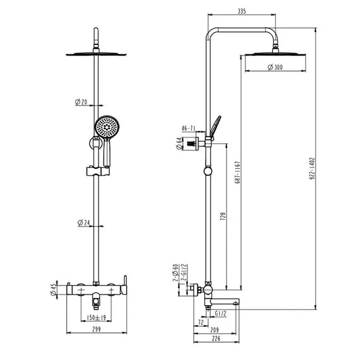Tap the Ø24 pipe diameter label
click(x=84, y=223)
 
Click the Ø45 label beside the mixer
click(x=53, y=290)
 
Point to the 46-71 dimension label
click(x=190, y=128)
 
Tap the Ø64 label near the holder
click(x=179, y=144)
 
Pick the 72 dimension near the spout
click(x=200, y=324)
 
